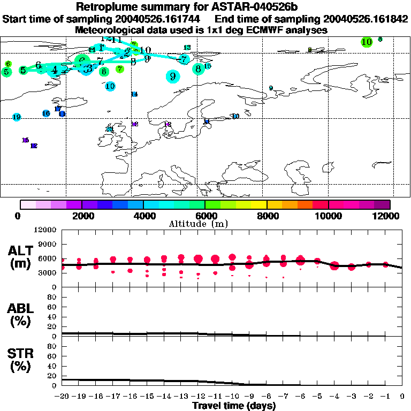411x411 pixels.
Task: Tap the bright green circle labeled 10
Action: pyautogui.click(x=367, y=42)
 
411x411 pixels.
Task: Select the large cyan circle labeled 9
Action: pyautogui.click(x=173, y=77)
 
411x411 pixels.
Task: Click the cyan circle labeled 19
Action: pyautogui.click(x=17, y=117)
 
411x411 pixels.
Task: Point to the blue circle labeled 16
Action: pyautogui.click(x=46, y=113)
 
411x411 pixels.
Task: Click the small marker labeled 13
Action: pyautogui.click(x=187, y=48)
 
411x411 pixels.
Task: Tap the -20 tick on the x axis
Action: pyautogui.click(x=63, y=397)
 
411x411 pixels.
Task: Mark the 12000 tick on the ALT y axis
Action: pyautogui.click(x=46, y=230)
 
